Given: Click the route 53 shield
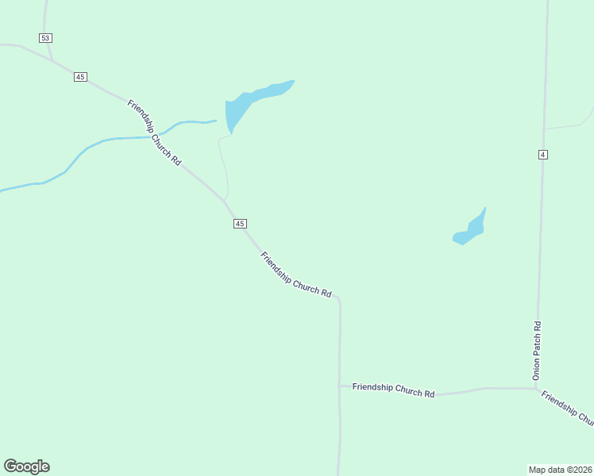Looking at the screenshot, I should (45, 38).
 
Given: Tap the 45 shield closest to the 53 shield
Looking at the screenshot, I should (80, 76).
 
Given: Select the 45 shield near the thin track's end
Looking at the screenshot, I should (240, 224).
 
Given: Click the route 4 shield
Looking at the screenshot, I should (542, 154).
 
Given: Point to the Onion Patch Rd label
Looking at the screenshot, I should (537, 349).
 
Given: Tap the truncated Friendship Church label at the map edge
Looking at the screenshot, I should (567, 407).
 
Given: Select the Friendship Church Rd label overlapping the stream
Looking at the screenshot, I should (154, 132).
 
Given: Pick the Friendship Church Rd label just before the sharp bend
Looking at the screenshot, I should (295, 275).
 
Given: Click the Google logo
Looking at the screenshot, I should (26, 466).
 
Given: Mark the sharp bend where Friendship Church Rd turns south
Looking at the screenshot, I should (338, 299).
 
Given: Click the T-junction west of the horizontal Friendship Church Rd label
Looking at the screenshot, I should (340, 386).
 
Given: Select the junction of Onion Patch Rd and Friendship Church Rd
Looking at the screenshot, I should (537, 389).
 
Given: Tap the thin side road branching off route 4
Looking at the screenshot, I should (568, 125).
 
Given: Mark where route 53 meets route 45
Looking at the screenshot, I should (52, 60).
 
